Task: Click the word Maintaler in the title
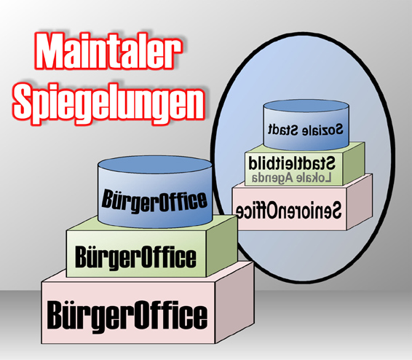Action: point(108,51)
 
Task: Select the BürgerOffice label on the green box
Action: point(135,257)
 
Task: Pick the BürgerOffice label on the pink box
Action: point(127,316)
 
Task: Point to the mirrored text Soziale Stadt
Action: point(306,130)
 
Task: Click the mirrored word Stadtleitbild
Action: point(292,163)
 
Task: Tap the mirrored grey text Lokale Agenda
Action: point(292,178)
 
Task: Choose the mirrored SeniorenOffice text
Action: point(288,210)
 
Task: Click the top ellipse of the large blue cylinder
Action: point(155,165)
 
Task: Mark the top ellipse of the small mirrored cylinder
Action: point(306,106)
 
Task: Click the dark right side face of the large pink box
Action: point(234,302)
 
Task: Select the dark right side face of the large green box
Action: point(222,245)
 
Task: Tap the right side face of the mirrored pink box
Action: point(360,202)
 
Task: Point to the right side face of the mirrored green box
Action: point(354,163)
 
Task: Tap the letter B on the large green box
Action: point(82,257)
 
